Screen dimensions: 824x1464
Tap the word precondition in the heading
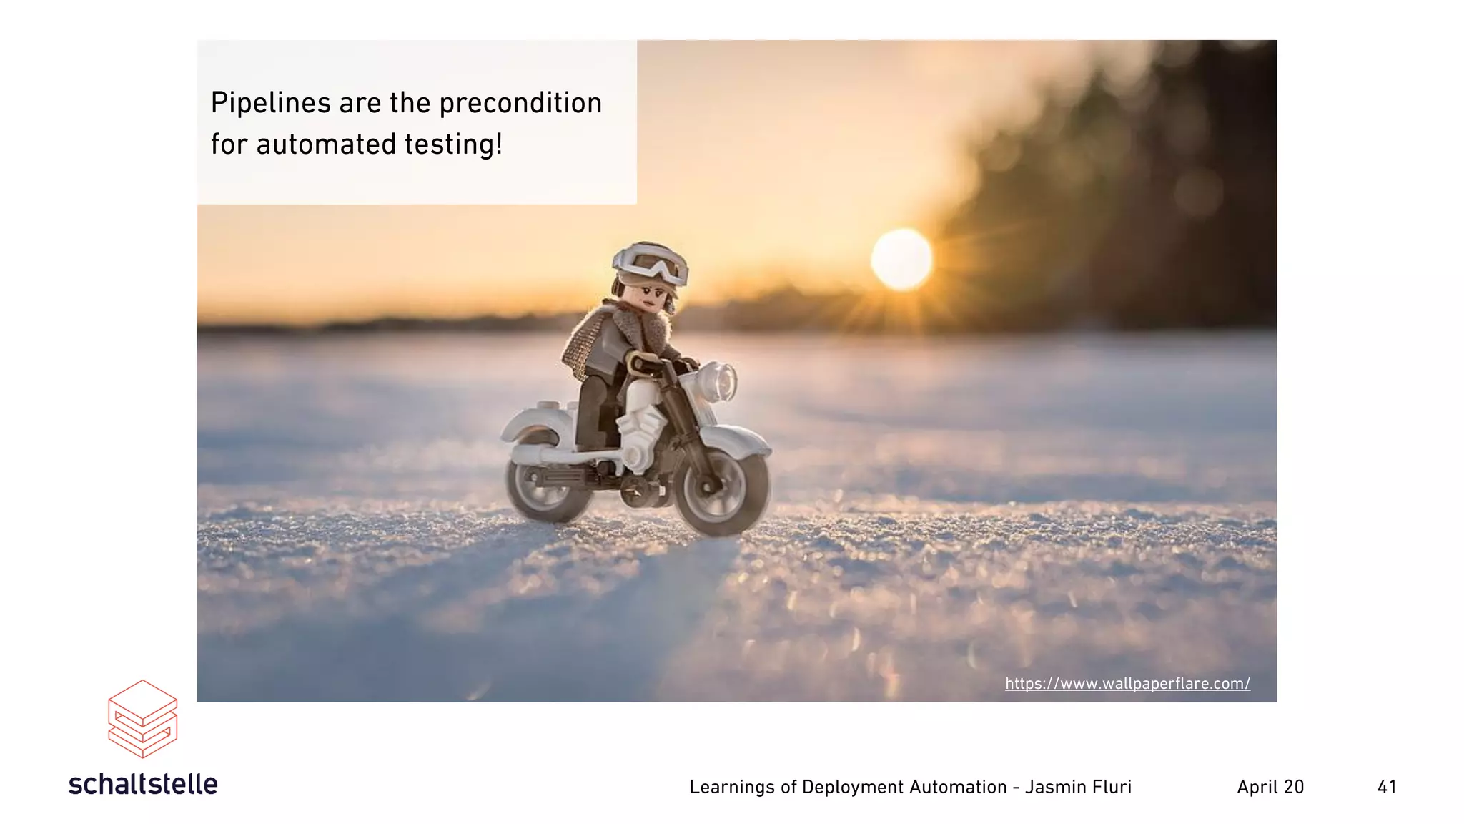[x=520, y=104]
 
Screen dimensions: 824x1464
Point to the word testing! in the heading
[x=454, y=144]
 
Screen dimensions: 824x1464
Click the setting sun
[x=901, y=259]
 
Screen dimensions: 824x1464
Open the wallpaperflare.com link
[x=1127, y=684]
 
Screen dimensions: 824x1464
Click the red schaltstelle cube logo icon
[x=142, y=718]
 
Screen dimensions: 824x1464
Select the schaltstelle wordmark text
[x=143, y=785]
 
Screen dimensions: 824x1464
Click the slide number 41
[x=1387, y=788]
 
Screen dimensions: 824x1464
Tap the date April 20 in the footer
[x=1270, y=788]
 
